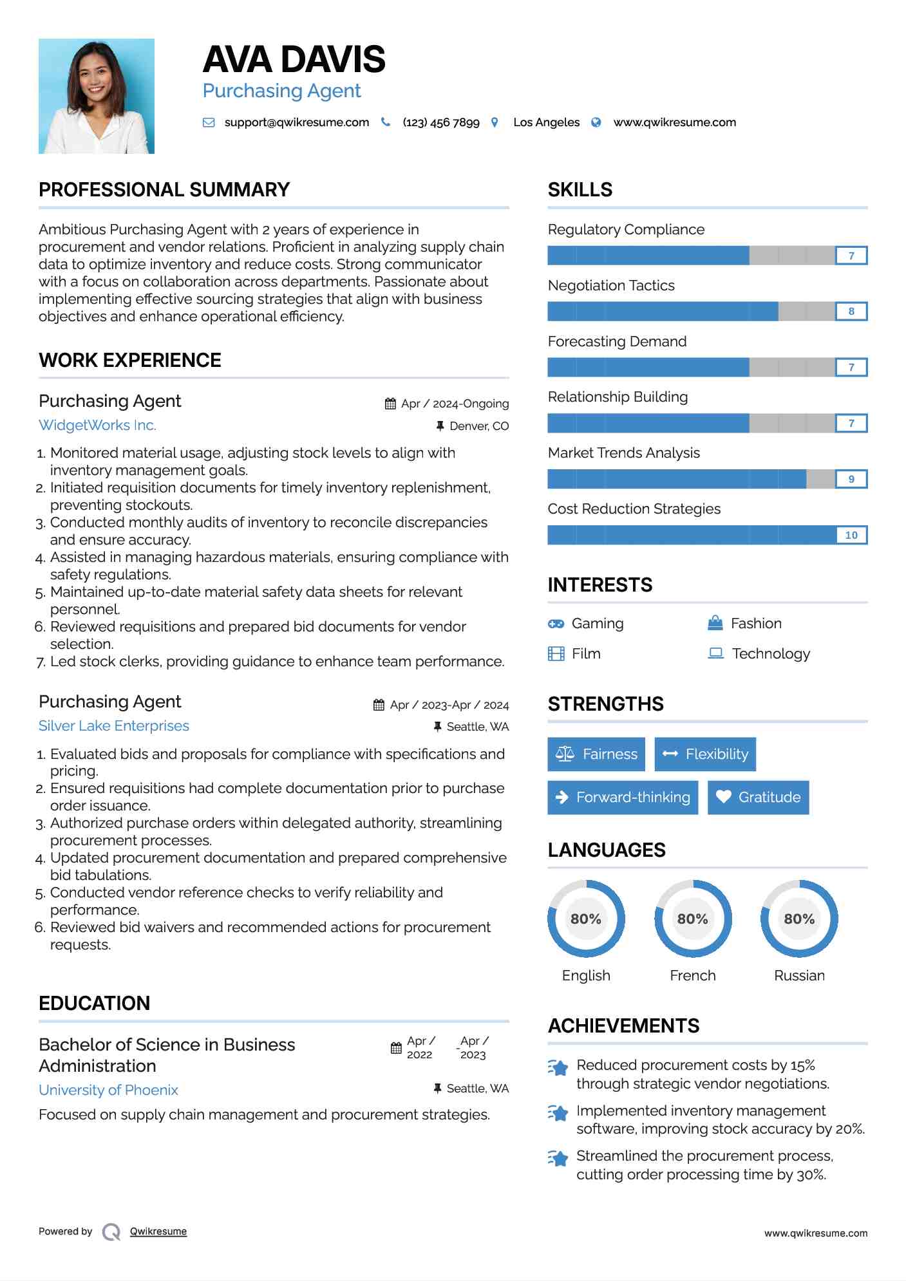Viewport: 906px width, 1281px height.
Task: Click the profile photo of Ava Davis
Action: pos(97,96)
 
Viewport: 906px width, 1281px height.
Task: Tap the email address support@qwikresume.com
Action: pos(296,122)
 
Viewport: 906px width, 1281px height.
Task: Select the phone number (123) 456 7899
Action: pos(441,122)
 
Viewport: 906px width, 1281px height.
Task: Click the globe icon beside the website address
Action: pos(596,122)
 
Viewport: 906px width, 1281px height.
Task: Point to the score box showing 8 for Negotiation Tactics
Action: pos(851,312)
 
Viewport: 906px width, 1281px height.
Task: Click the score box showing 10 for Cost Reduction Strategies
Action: pos(851,535)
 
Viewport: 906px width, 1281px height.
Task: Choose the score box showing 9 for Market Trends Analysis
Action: pos(851,479)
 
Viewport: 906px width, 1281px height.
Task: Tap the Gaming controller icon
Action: pos(556,624)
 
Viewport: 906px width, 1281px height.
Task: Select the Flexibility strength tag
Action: pos(705,754)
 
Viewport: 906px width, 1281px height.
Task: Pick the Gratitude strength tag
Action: pos(758,797)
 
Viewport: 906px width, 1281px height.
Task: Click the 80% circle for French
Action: pos(693,919)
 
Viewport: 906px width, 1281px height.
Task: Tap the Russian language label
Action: pos(799,975)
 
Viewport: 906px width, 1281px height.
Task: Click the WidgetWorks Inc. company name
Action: pos(97,425)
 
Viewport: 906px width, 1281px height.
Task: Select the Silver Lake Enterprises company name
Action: pos(114,725)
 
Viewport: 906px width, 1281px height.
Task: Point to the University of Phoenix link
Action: pos(108,1090)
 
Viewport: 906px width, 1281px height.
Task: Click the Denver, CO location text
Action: pos(479,426)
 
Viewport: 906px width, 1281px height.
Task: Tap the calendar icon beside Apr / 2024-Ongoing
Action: pos(390,404)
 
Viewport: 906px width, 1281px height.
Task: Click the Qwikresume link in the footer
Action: pos(158,1231)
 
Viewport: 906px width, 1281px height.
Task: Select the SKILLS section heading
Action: pos(580,190)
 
